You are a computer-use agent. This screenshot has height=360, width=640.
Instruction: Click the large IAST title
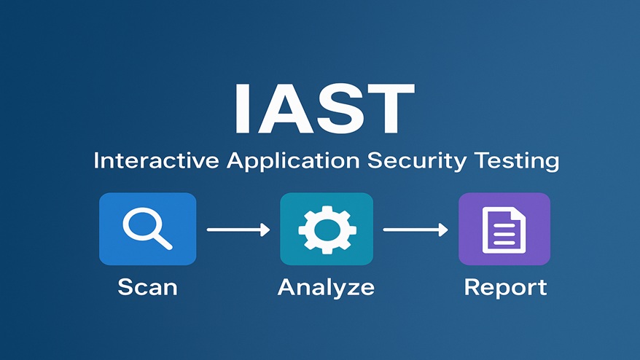[x=324, y=109]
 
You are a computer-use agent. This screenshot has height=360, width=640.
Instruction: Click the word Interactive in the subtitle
[x=156, y=160]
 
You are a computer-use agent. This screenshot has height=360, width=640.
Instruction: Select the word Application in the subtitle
[x=293, y=161]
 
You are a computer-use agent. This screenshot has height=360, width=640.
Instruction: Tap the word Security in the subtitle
[x=417, y=161]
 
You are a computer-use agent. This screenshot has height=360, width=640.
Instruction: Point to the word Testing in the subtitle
[x=517, y=161]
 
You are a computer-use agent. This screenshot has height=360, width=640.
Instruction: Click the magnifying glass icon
[x=148, y=228]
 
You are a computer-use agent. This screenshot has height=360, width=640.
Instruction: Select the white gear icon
[x=327, y=230]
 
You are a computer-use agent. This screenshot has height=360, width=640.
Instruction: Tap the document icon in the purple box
[x=504, y=230]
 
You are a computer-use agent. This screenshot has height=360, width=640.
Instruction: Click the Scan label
[x=148, y=287]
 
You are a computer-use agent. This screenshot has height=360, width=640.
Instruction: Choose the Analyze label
[x=326, y=288]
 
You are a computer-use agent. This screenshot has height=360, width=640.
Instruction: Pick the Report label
[x=505, y=287]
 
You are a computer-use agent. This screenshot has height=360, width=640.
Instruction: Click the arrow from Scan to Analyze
[x=238, y=230]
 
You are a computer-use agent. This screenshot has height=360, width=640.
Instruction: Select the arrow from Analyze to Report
[x=415, y=230]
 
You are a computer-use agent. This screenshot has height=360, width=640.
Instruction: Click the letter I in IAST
[x=241, y=109]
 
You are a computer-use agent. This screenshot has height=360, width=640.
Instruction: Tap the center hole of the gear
[x=327, y=230]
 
